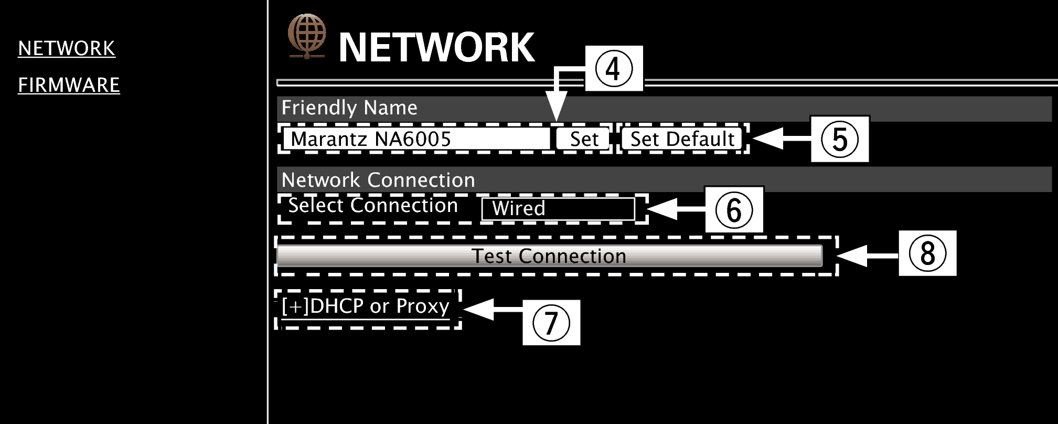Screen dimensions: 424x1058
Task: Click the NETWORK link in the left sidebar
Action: [67, 48]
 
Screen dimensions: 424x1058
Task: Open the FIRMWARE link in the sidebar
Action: [69, 85]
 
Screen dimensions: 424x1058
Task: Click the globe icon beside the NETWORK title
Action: [306, 36]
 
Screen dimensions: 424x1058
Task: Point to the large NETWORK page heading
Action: [436, 48]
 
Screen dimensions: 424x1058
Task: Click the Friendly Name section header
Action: [349, 108]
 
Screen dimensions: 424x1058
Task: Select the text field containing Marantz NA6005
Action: [415, 139]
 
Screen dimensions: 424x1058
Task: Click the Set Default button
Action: [682, 139]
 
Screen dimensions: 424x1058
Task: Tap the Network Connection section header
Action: [378, 180]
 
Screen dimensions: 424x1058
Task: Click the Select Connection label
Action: [373, 205]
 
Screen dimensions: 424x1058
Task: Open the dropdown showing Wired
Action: [558, 209]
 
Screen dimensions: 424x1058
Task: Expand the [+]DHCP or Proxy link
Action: [366, 306]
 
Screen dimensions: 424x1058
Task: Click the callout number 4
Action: [613, 69]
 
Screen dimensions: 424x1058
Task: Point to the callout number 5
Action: [839, 139]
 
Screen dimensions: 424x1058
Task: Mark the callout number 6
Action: [733, 209]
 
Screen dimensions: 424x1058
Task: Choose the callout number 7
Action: [551, 322]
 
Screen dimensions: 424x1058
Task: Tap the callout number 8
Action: [927, 253]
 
